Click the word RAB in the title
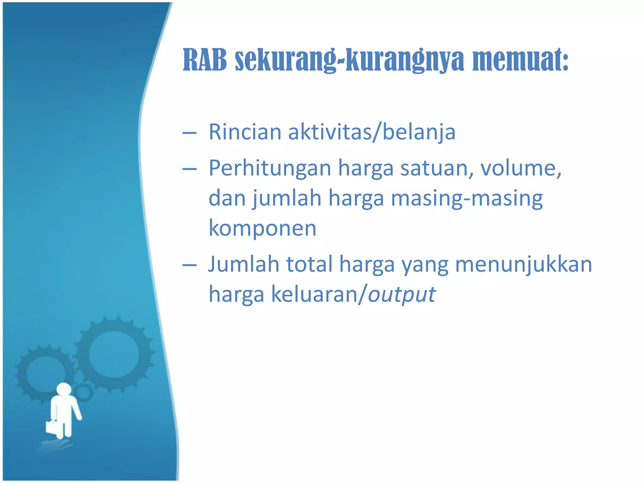click(205, 60)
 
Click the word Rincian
click(245, 132)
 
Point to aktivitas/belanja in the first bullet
click(372, 132)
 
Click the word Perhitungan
click(270, 168)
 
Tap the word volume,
click(521, 168)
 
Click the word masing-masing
click(467, 198)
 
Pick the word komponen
click(262, 228)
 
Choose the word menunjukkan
click(524, 264)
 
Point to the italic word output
click(402, 294)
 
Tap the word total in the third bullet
click(309, 264)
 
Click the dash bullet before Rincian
click(190, 133)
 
